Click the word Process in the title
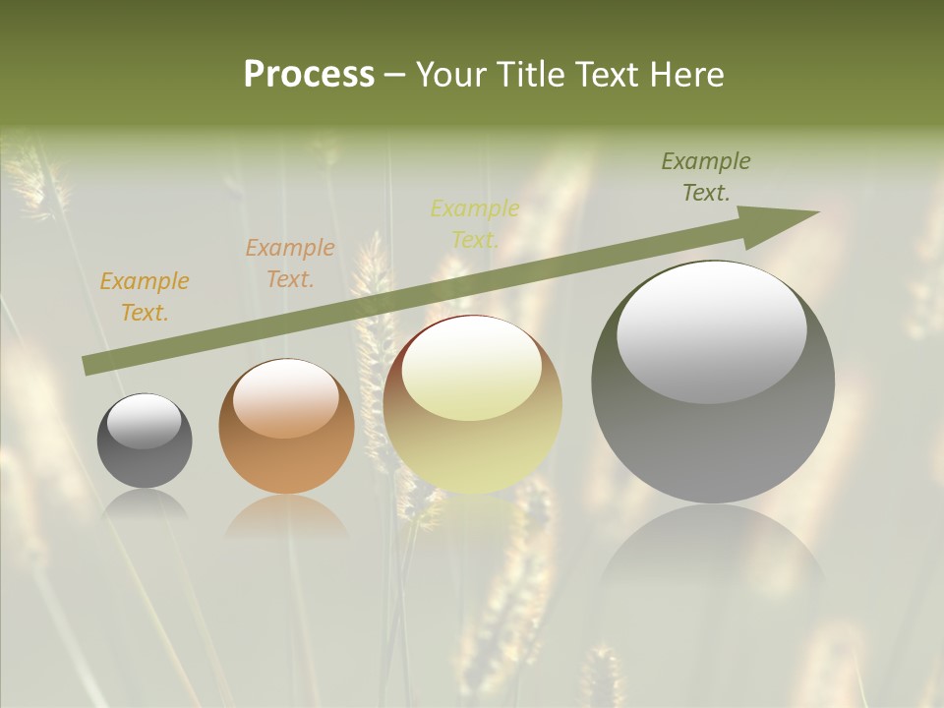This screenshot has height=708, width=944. [309, 75]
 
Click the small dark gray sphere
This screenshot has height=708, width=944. [145, 441]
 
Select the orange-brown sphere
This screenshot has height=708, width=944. [286, 426]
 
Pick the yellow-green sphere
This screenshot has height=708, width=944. [473, 405]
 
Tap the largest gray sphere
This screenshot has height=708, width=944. [713, 383]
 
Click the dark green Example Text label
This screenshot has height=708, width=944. [706, 177]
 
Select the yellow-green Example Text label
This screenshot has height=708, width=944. [475, 224]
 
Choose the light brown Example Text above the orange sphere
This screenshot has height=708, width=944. [290, 264]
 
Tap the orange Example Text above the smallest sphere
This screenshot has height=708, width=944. [145, 297]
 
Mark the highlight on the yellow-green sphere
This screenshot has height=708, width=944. [471, 369]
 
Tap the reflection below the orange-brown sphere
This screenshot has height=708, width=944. [286, 516]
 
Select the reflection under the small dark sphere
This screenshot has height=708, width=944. [145, 503]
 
